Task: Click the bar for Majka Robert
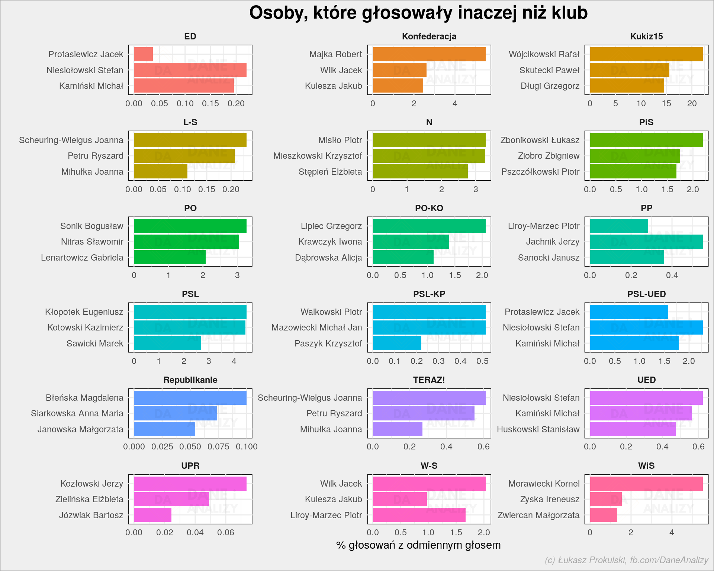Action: (x=429, y=54)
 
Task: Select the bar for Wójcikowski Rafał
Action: (x=646, y=54)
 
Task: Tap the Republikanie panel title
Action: (x=190, y=380)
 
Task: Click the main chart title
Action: (x=418, y=13)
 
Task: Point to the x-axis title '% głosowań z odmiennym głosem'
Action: (x=418, y=545)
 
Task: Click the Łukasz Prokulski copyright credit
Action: (x=627, y=560)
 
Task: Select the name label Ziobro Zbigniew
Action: (x=549, y=156)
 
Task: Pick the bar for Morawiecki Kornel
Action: (x=646, y=484)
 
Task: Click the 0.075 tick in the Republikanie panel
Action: (x=218, y=446)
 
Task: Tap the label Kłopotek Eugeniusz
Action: (x=84, y=312)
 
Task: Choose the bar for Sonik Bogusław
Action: (x=190, y=226)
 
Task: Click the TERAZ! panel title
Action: (x=429, y=380)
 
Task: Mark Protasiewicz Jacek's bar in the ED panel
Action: (x=143, y=54)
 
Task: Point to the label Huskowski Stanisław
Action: (x=538, y=429)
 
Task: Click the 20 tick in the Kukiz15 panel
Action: (x=692, y=103)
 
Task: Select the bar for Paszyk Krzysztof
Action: (x=397, y=343)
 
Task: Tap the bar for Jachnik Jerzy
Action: (x=646, y=242)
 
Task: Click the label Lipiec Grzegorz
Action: (x=331, y=226)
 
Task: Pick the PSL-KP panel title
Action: (x=429, y=294)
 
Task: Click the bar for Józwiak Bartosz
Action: (x=152, y=515)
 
